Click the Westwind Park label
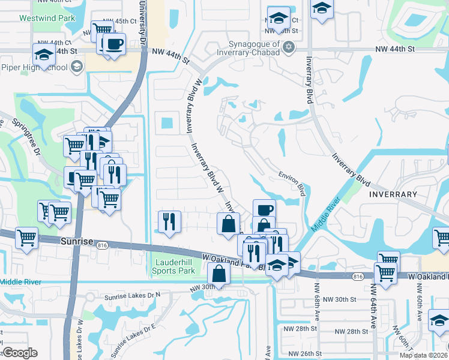point(47,18)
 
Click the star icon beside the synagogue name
point(289,46)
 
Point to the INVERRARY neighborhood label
point(393,194)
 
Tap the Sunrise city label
point(77,241)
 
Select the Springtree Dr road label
point(27,139)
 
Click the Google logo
point(19,353)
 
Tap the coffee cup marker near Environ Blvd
point(264,209)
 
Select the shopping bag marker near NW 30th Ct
point(218,274)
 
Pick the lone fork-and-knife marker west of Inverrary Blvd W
point(169,221)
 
